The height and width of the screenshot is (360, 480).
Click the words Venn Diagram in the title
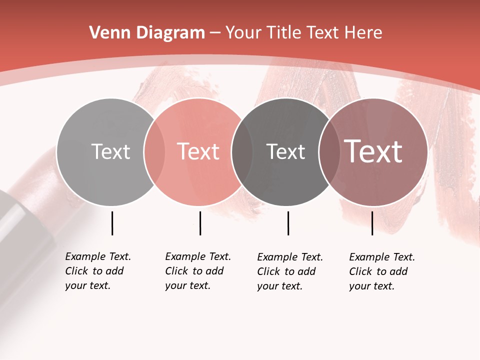point(147,33)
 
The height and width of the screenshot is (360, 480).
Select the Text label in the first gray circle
point(110,151)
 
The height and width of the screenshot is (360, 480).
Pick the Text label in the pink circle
point(198,151)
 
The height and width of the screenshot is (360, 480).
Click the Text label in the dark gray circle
point(285,151)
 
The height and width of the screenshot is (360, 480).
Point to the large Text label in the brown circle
point(373,151)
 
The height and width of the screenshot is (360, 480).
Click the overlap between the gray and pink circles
point(154,151)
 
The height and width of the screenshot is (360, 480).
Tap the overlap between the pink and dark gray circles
point(242,151)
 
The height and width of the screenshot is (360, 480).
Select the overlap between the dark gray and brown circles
point(329,151)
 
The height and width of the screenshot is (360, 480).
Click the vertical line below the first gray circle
point(112,223)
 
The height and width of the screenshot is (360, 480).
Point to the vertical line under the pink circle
point(200,223)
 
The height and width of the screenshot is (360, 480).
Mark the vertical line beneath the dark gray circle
point(288,223)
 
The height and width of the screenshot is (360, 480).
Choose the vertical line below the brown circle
point(372,223)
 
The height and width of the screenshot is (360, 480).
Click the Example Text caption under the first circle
point(98,271)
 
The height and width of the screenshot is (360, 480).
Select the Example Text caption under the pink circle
point(198,271)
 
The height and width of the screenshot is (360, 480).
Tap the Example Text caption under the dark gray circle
point(290,271)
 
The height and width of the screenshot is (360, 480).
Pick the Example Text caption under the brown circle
point(382,271)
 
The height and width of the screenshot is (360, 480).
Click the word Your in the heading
point(243,33)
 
